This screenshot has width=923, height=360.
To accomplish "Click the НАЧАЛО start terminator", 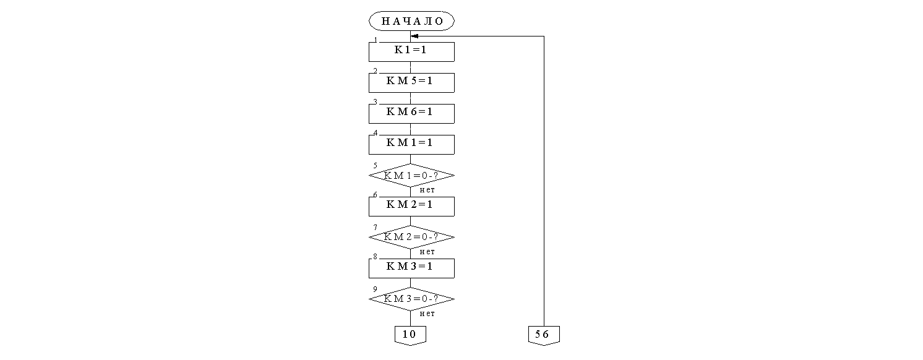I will pos(411,20).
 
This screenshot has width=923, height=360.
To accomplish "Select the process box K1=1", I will pos(411,51).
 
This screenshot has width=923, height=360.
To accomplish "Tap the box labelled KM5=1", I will pos(411,82).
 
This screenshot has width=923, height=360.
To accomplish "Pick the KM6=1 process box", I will pos(411,113).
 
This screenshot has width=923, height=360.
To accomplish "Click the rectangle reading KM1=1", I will pos(411,144).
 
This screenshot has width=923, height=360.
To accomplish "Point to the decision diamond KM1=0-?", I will pos(411,175).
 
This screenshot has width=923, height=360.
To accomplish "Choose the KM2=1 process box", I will pos(411,206).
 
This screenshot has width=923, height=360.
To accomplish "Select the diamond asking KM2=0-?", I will pos(411,237).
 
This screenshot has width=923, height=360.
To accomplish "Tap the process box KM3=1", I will pos(411,268).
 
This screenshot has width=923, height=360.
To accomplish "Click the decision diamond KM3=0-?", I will pos(411,299).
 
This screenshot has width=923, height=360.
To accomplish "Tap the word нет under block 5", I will pos(427,190).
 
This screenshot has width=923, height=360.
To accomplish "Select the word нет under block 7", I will pos(427,252).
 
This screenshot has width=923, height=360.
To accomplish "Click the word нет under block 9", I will pos(427,314).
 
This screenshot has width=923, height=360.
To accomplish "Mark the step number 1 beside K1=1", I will pos(375,40).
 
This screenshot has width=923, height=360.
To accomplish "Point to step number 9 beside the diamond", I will pos(375,289).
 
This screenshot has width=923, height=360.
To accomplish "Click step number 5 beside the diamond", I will pos(375,165).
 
